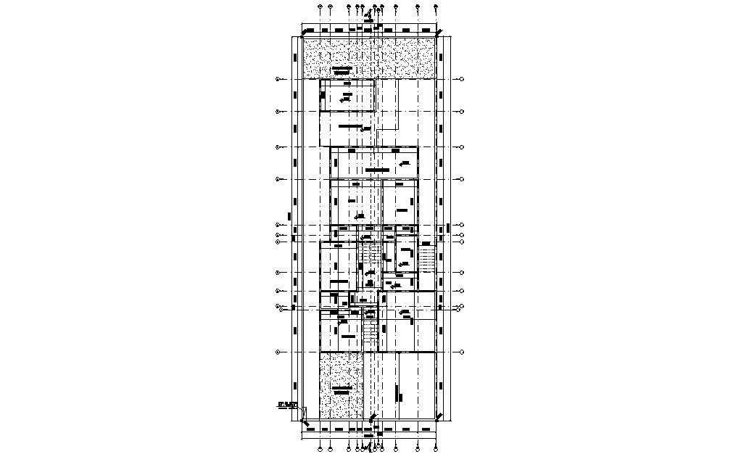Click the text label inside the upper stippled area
point(342,70)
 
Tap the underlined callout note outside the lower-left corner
point(288,405)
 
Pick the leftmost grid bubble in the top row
point(320,8)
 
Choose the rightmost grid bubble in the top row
point(436,8)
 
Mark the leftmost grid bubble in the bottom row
point(320,449)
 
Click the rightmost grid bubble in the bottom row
point(436,449)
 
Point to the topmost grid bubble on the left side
point(278,79)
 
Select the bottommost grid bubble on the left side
point(278,352)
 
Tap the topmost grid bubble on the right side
point(462,79)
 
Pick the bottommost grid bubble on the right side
point(462,352)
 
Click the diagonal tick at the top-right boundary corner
point(439,32)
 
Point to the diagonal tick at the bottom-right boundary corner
point(439,416)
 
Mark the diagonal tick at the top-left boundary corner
point(304,32)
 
